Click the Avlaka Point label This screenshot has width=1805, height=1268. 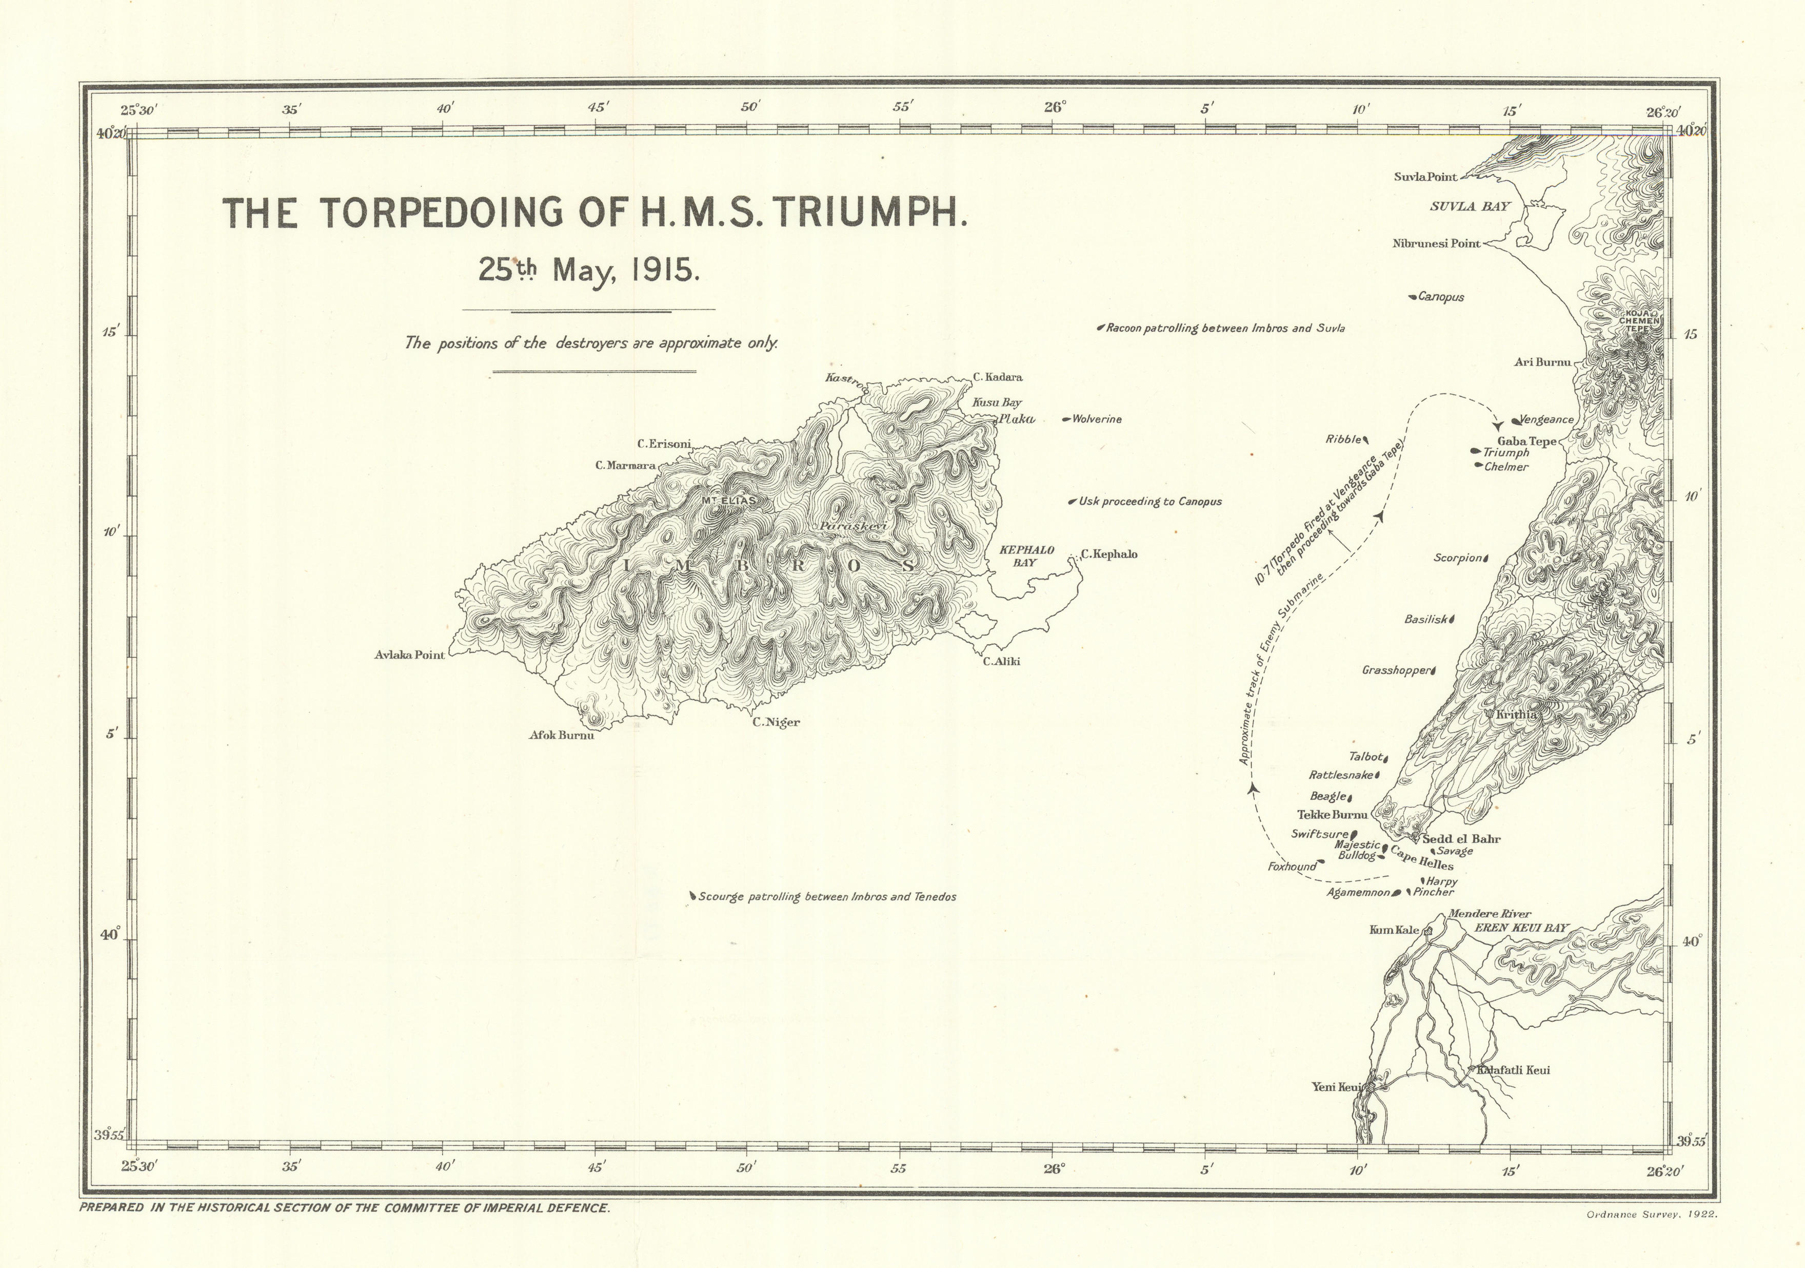click(409, 655)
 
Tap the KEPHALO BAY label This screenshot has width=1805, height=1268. click(1026, 556)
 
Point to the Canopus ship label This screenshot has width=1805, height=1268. click(1440, 297)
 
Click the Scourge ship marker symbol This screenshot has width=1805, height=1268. click(692, 895)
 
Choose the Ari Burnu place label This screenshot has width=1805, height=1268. click(1542, 362)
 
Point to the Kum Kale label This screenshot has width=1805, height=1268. click(1394, 930)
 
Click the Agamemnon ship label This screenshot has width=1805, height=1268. click(1358, 893)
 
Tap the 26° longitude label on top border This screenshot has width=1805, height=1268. click(1054, 108)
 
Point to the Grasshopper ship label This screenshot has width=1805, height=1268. click(1395, 671)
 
